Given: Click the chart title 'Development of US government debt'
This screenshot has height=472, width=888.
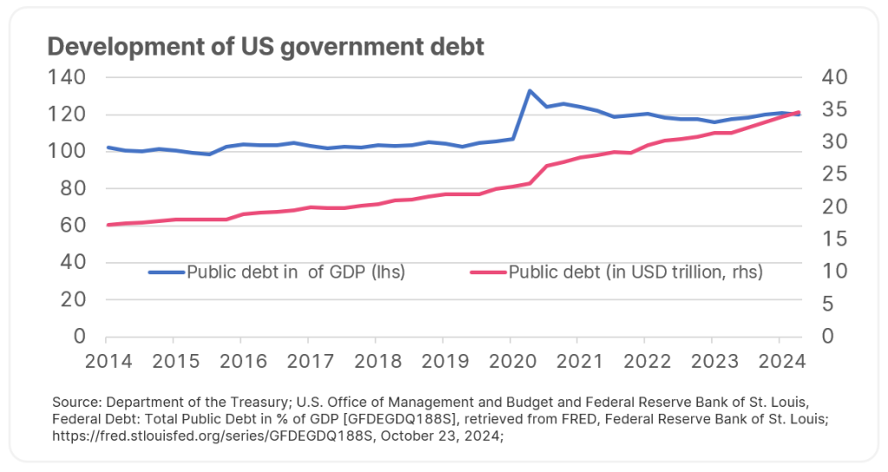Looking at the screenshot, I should (265, 47).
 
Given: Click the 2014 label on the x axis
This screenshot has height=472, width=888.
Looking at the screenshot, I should (105, 361).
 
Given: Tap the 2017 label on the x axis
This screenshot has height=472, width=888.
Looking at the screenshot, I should (308, 361).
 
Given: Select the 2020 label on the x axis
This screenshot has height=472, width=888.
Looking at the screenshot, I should (511, 361).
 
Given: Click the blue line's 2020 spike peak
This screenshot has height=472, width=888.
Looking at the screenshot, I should (529, 90).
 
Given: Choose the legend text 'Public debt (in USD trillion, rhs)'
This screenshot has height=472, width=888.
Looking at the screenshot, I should (636, 272).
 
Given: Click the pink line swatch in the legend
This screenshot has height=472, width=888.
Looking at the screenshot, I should (488, 272).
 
